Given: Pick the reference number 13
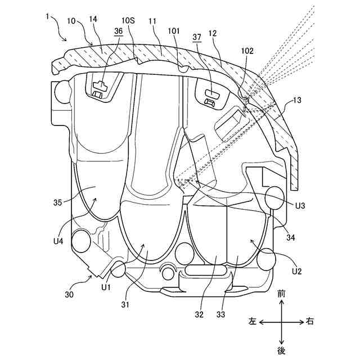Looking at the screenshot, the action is pos(297,101).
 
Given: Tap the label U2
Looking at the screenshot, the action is pos(296,271).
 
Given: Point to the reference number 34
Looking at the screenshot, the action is pos(291,237).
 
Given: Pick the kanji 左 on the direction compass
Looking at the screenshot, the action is pos(253,322).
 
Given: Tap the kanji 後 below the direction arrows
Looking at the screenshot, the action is pos(281,351).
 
